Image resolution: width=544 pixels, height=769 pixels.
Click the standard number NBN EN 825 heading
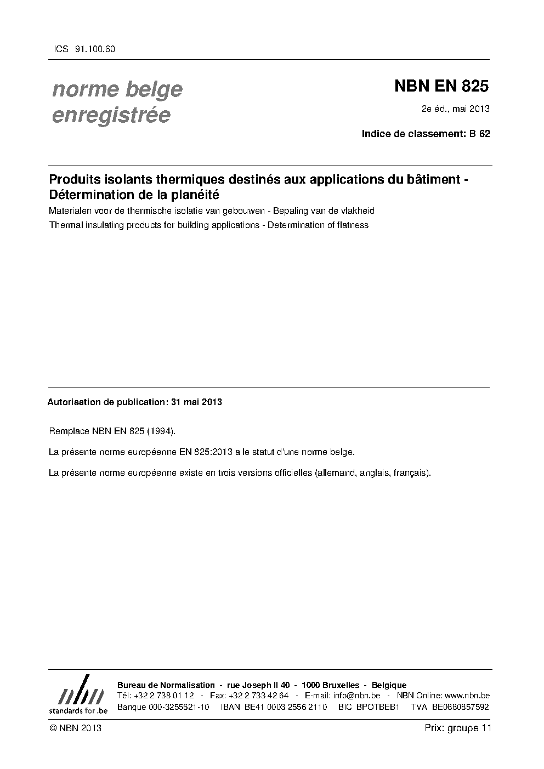[x=441, y=86]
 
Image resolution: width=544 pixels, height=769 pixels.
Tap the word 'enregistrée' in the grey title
[x=111, y=116]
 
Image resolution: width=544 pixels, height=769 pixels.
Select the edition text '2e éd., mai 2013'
[x=455, y=109]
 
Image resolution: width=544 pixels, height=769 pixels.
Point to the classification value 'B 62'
[x=480, y=133]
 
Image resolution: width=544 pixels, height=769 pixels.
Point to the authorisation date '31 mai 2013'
[x=196, y=402]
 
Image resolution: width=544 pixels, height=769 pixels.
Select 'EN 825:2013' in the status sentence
[x=202, y=452]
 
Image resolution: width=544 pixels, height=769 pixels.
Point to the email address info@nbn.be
[x=356, y=696]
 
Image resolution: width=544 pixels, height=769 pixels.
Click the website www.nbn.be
[x=467, y=696]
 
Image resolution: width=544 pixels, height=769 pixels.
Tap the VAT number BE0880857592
[x=460, y=707]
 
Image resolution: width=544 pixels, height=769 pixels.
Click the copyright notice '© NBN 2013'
[x=75, y=728]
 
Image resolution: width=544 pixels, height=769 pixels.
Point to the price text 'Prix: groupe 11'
[x=457, y=728]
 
